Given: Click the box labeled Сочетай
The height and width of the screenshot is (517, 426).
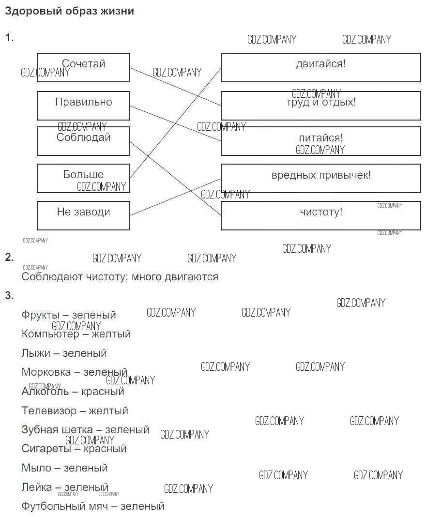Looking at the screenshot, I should tap(83, 67).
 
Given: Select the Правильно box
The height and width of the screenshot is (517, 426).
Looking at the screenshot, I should tap(83, 106).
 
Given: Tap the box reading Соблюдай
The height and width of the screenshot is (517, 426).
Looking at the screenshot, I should tap(83, 141).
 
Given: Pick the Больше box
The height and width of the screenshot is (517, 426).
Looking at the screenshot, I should tap(83, 178).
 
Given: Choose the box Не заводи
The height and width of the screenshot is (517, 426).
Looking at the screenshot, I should tap(83, 215).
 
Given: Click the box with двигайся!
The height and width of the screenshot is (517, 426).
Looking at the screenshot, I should tap(320, 67).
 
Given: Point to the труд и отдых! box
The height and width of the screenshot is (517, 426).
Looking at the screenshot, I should tap(320, 106).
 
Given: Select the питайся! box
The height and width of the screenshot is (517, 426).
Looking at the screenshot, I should tap(320, 141).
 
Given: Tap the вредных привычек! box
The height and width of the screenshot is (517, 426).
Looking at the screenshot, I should tap(320, 178).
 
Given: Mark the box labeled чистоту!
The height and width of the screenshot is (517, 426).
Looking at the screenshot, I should tap(320, 215).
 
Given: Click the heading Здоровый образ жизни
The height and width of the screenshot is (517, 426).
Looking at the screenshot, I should tap(69, 11).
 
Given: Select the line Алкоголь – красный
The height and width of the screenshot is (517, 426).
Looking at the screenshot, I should tap(73, 392).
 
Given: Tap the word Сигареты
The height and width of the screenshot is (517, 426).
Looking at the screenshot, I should tap(45, 449).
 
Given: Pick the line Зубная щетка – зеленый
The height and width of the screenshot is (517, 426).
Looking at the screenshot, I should tap(85, 430).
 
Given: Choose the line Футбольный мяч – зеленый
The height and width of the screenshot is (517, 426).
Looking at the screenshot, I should tap(93, 506).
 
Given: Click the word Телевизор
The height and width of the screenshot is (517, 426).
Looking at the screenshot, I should tap(48, 411).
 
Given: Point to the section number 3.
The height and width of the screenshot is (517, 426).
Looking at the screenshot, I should tap(9, 295).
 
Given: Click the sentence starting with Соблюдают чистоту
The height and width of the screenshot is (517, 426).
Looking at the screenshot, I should tap(120, 277).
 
